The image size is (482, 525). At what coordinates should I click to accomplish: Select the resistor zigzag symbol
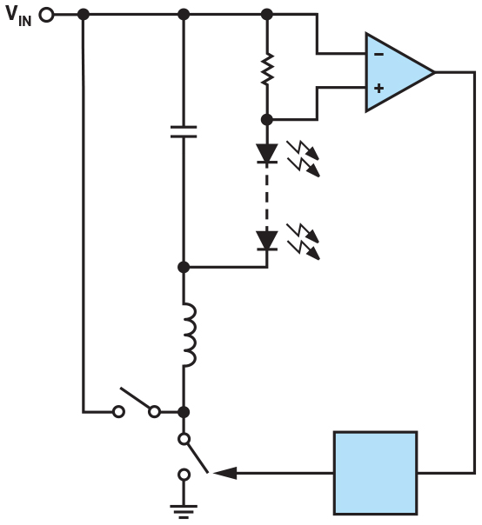(x=267, y=69)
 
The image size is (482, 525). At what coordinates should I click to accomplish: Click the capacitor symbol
(x=184, y=131)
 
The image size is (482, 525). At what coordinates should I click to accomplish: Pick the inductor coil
(x=187, y=336)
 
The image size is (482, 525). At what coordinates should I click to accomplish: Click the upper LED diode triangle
(x=267, y=154)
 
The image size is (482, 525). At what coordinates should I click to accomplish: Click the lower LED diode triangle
(x=267, y=240)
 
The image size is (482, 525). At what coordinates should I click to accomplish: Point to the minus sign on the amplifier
(x=378, y=54)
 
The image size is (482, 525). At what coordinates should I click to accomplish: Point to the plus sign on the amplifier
(x=378, y=88)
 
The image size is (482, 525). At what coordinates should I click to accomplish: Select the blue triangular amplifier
(x=396, y=72)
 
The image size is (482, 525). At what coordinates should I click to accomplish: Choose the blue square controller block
(x=375, y=473)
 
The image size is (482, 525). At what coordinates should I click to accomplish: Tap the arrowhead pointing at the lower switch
(x=225, y=473)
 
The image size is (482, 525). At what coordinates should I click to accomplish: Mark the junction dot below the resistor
(x=267, y=119)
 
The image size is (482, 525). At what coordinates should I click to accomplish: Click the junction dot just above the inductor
(x=184, y=267)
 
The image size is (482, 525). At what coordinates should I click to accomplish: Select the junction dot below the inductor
(x=184, y=411)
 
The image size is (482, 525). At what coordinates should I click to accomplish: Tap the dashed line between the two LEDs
(x=267, y=196)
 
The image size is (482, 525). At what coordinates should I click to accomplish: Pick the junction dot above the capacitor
(x=184, y=15)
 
